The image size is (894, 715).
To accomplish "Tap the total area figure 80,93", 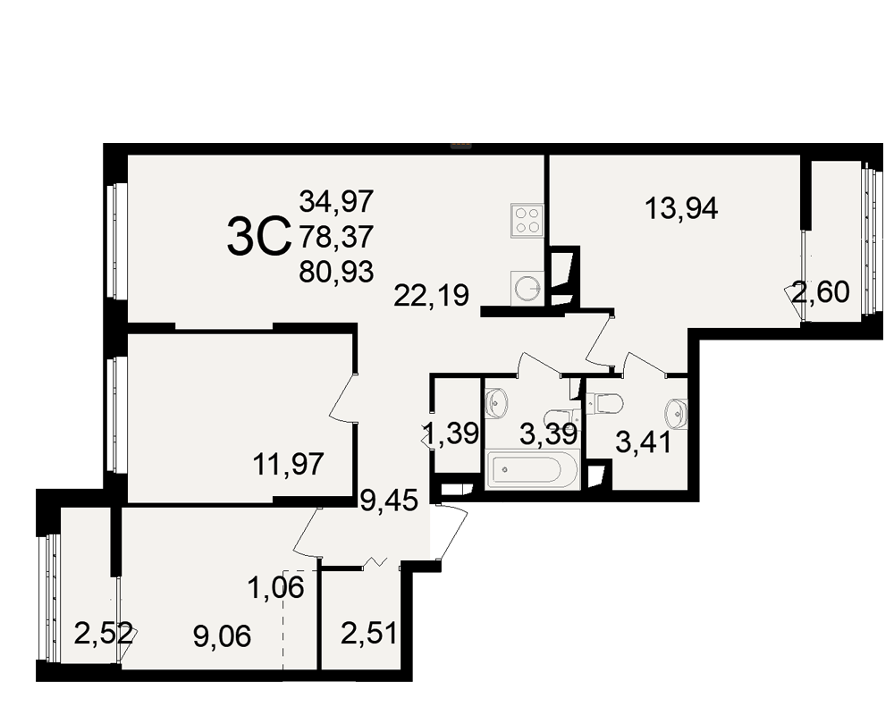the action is click(x=336, y=272).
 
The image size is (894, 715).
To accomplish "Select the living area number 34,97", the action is click(x=336, y=201).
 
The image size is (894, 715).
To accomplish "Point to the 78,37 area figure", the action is click(x=336, y=236).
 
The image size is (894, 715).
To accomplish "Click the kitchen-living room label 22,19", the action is click(x=432, y=295).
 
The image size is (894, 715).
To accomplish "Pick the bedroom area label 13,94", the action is click(x=681, y=208).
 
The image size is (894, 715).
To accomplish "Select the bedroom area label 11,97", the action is click(x=289, y=464).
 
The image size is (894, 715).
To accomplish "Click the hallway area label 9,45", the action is click(x=390, y=500).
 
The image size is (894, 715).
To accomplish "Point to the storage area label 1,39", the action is click(x=451, y=434).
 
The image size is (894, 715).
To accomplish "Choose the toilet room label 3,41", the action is click(x=643, y=443).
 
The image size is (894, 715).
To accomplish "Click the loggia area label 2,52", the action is click(x=104, y=634).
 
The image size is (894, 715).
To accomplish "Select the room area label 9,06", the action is click(x=222, y=636).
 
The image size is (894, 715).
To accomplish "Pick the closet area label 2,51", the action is click(x=369, y=633).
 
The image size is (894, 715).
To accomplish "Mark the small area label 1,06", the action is click(x=276, y=587).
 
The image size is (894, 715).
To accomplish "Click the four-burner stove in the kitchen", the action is click(x=527, y=221).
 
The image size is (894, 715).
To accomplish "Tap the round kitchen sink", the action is click(x=527, y=288).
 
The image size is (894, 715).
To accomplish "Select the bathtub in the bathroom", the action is click(x=533, y=469).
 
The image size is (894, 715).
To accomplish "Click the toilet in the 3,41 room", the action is click(x=605, y=404).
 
